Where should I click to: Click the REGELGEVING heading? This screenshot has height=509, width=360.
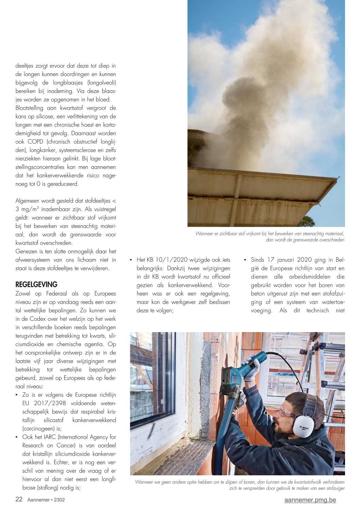[36, 284]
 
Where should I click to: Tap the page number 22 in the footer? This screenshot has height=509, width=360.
[19, 499]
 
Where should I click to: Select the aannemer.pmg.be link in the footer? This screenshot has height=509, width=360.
[310, 500]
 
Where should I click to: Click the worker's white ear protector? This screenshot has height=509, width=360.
[303, 425]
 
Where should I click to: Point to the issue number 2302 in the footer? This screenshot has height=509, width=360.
[59, 500]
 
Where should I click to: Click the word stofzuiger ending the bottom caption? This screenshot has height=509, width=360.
[334, 488]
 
